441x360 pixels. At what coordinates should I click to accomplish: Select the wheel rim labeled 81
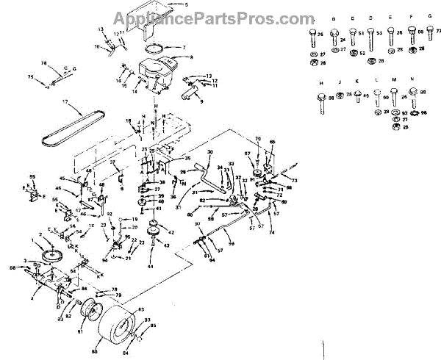tap(90, 312)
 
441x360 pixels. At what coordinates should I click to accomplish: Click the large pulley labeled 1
tap(52, 258)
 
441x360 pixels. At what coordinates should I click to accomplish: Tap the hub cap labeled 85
tap(137, 339)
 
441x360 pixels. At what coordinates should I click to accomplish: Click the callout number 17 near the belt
tap(65, 101)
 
